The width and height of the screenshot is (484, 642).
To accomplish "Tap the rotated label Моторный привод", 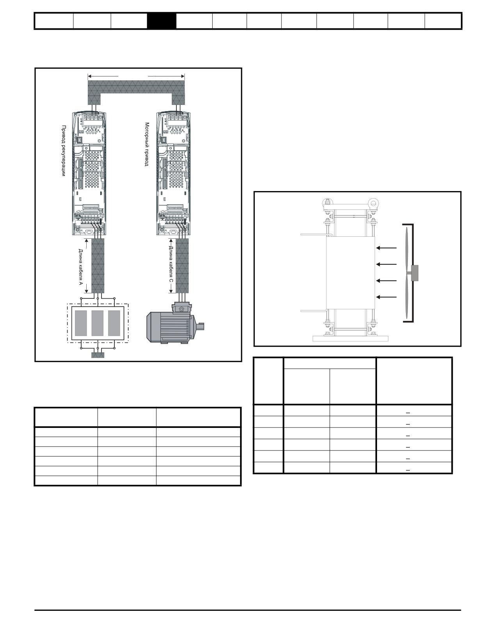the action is point(147,144).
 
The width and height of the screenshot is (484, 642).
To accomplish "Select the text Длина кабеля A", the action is point(81,267).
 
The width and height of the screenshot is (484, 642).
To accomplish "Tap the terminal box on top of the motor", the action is point(182,308).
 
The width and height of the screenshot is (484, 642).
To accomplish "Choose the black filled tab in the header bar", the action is point(162,21).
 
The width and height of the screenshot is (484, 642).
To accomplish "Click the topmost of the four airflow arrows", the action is point(386,248).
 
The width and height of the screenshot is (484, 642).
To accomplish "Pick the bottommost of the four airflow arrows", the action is point(386,297).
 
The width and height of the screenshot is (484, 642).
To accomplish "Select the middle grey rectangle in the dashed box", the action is point(98,323).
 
